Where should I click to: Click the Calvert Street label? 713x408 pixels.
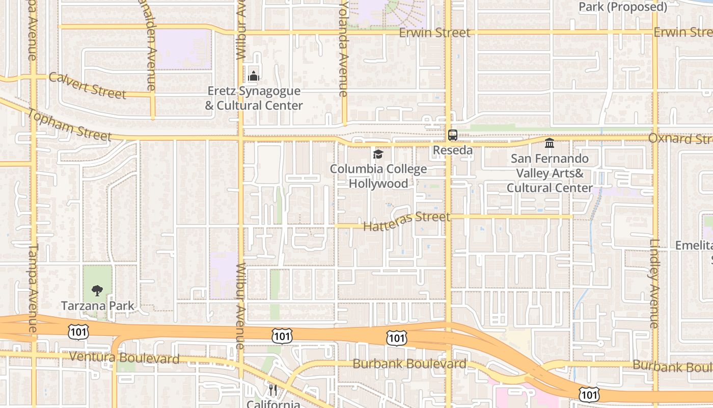[x=88, y=85]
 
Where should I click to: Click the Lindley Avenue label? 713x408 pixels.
[x=654, y=284]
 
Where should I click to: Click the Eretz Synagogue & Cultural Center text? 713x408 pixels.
[x=254, y=98]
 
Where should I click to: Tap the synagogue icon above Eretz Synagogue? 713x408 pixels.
[x=254, y=76]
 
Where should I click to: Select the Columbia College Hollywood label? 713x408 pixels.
[x=378, y=176]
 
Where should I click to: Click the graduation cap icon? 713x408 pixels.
[x=378, y=154]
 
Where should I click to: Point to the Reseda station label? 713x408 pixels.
[x=453, y=150]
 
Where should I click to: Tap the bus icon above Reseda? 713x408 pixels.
[x=453, y=135]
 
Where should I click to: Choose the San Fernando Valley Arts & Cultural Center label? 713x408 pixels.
[x=550, y=173]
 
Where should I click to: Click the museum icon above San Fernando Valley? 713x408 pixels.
[x=550, y=143]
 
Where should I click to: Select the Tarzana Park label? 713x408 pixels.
[x=97, y=306]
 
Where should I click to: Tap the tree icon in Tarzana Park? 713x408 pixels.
[x=97, y=291]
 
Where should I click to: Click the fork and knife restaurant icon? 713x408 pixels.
[x=273, y=390]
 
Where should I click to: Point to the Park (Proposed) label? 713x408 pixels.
[x=623, y=7]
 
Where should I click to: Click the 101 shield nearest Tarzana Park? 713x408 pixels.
[x=78, y=332]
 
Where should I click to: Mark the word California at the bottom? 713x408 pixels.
[x=273, y=404]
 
